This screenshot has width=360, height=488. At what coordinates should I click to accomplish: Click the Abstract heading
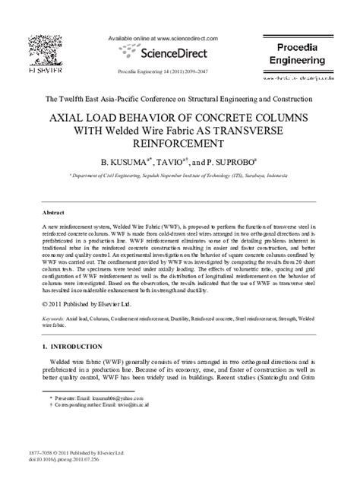point(53,213)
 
